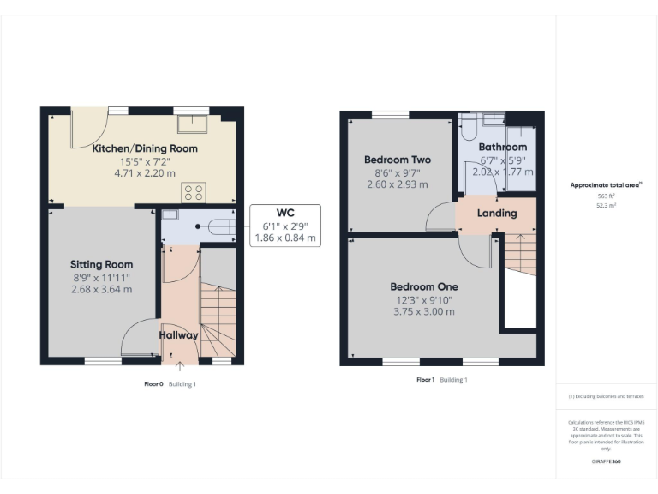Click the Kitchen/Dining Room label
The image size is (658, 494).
tap(145, 148)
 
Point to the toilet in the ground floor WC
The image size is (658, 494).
tap(218, 227)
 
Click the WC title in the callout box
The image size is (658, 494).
tap(284, 212)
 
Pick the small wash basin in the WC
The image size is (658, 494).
tap(170, 215)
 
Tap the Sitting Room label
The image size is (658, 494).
tap(101, 264)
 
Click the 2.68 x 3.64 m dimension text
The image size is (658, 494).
tap(101, 289)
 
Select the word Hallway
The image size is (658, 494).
tap(178, 335)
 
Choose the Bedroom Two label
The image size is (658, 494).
tap(397, 160)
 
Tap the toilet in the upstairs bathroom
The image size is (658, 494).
tap(468, 128)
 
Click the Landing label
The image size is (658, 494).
tap(497, 213)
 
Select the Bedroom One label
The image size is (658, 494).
tap(423, 286)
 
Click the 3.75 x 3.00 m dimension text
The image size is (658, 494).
tap(423, 311)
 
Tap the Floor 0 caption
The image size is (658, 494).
tap(154, 383)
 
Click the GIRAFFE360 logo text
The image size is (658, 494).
tap(606, 462)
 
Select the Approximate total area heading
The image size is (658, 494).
tap(604, 184)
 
